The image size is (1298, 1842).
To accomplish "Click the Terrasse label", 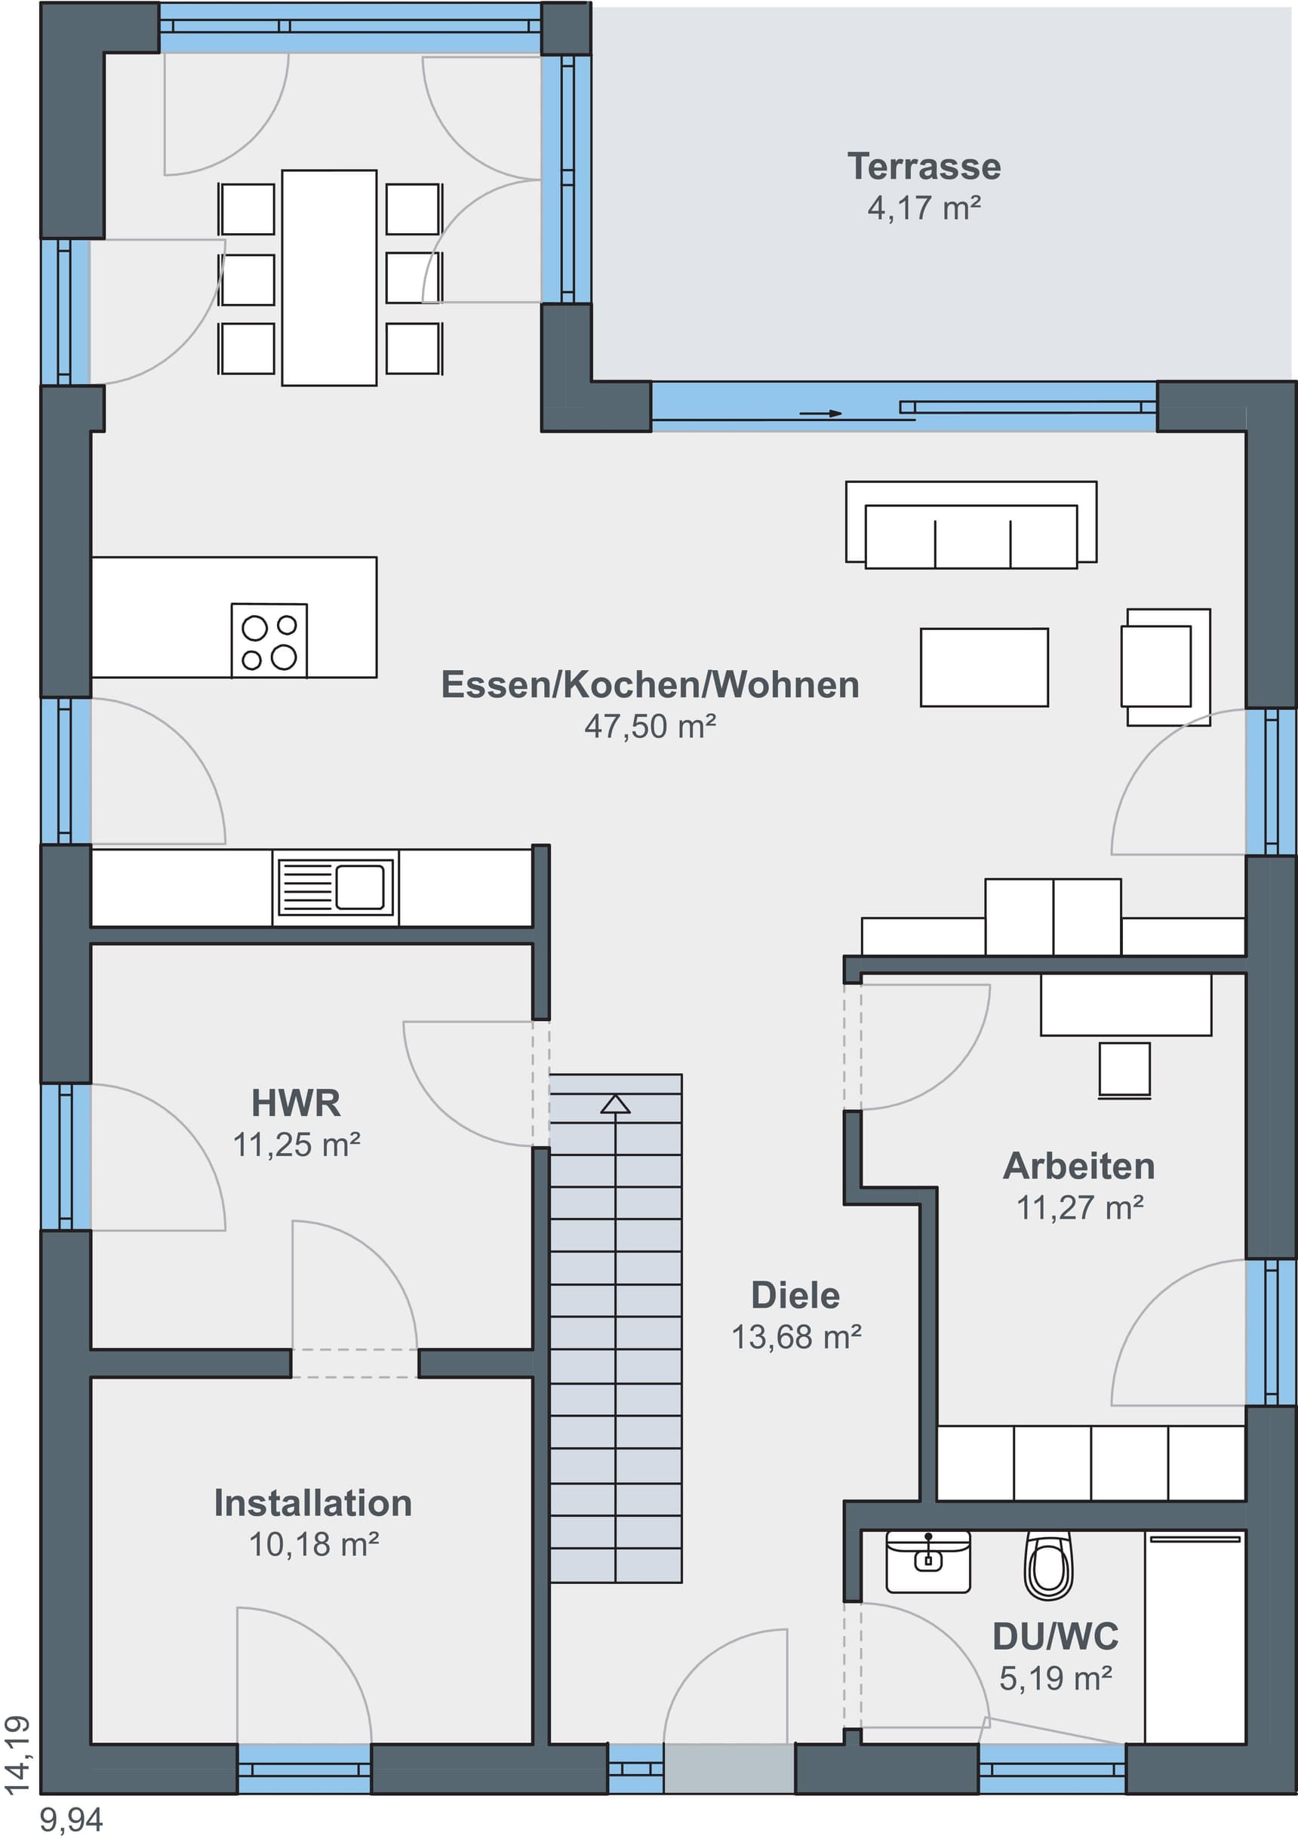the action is click(x=924, y=167).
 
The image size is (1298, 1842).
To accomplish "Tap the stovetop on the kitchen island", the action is click(x=269, y=640).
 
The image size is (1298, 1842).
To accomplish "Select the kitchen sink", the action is click(x=335, y=888).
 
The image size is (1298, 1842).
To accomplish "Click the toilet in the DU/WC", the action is click(x=1047, y=1565).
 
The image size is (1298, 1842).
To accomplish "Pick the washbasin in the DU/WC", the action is click(x=928, y=1561).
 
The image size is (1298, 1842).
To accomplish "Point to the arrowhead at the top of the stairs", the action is click(x=615, y=1104).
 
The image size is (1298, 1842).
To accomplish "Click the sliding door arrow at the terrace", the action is click(x=820, y=414).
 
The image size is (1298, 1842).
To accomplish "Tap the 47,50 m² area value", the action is click(x=650, y=726).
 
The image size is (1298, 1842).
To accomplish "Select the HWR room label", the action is click(x=296, y=1103).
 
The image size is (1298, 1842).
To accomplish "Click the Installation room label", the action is click(x=313, y=1502).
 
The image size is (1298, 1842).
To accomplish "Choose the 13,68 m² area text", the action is click(x=797, y=1336).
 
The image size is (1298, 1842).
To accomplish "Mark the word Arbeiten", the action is click(x=1079, y=1167).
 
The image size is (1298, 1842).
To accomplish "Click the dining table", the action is click(x=329, y=278).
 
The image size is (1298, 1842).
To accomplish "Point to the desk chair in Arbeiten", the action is click(x=1124, y=1070).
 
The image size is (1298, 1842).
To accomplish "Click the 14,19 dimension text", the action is click(x=17, y=1755).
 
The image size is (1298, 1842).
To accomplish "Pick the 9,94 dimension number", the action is click(x=72, y=1820).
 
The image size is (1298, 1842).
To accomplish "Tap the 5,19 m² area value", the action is click(x=1056, y=1677).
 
